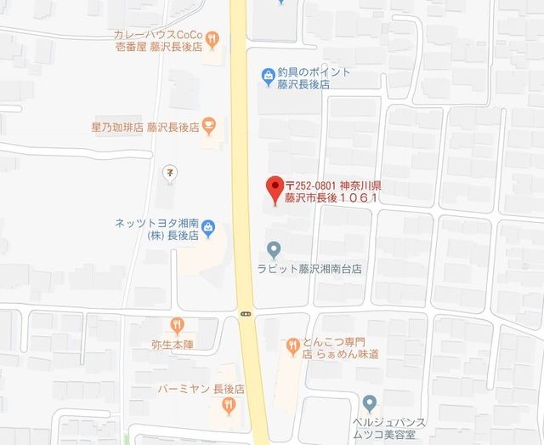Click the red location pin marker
[274, 188]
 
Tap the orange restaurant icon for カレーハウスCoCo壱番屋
[211, 37]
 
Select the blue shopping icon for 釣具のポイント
[267, 77]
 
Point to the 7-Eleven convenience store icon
[170, 173]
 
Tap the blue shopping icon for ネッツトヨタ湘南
[209, 229]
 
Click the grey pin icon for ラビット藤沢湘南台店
[274, 250]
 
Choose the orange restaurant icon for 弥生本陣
[177, 324]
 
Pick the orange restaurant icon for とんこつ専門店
[292, 345]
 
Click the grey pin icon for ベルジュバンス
[369, 402]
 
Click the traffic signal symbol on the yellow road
[246, 313]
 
